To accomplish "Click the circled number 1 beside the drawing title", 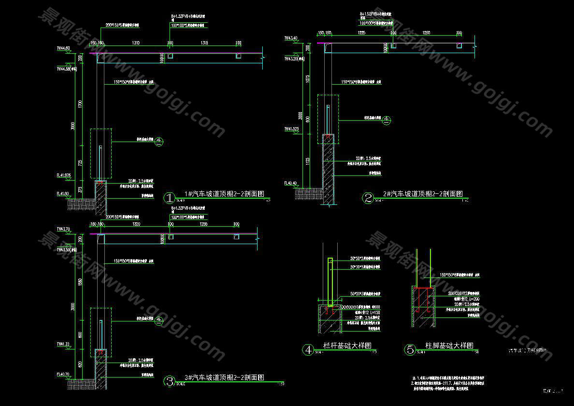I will [x=170, y=198].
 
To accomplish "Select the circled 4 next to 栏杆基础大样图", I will [x=307, y=349].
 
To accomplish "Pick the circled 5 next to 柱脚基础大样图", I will [x=410, y=349].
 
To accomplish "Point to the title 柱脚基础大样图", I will [x=449, y=346].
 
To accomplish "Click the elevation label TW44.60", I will [x=63, y=48].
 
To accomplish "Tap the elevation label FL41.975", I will [x=63, y=175].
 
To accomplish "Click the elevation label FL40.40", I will [x=290, y=183].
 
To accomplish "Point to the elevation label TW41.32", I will [x=63, y=344].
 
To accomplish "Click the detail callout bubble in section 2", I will [x=386, y=120].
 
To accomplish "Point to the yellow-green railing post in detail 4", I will [x=330, y=283].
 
